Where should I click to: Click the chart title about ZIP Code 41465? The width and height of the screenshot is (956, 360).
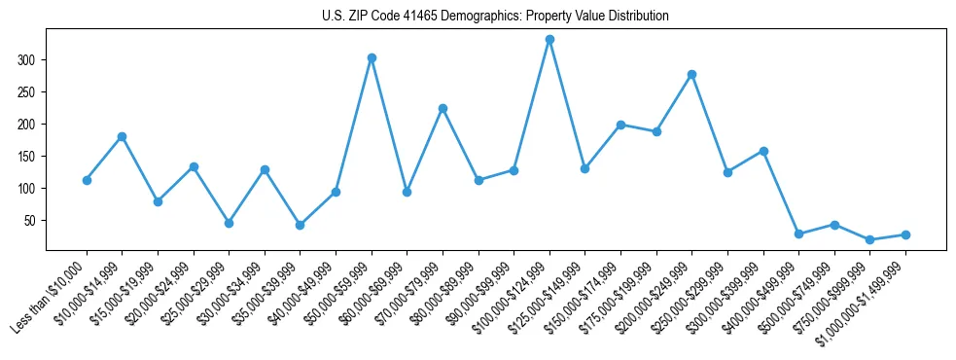(495, 17)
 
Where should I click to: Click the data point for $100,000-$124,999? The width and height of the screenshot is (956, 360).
(549, 39)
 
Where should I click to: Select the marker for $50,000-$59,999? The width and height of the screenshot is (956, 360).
(372, 57)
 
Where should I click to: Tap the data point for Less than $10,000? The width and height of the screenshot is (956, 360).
(87, 180)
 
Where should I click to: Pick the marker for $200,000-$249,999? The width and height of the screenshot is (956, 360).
(691, 74)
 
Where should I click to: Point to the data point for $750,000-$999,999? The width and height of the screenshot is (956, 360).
(869, 239)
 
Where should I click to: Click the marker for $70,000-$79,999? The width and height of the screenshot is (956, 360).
(443, 108)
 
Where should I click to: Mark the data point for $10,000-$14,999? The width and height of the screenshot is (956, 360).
(122, 136)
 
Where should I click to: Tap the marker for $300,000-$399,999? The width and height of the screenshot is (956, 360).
(763, 151)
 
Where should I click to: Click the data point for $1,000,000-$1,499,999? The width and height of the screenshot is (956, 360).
(905, 234)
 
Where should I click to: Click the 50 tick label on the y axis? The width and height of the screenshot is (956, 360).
(30, 221)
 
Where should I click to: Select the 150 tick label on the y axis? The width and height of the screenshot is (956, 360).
(27, 157)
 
